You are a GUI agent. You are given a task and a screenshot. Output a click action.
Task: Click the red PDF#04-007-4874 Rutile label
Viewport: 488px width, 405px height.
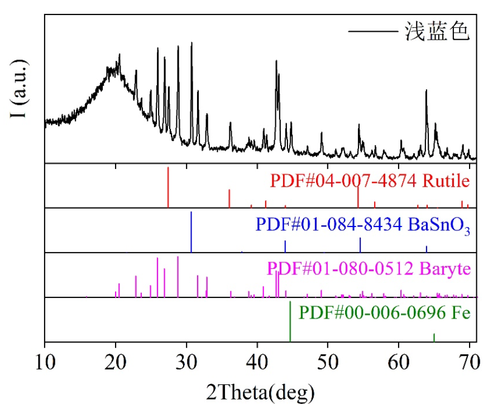pos(369,181)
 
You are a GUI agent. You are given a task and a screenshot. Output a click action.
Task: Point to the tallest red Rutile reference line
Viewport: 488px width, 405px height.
pos(168,187)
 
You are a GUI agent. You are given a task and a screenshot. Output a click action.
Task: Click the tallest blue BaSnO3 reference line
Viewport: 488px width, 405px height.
pos(192,232)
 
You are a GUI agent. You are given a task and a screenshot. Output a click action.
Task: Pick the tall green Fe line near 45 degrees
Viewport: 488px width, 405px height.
pos(290,321)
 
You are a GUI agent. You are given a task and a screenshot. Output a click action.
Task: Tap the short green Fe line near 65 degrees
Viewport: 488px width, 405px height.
pos(434,337)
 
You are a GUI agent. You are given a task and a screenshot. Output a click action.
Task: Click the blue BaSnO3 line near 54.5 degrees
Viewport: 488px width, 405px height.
pos(360,245)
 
